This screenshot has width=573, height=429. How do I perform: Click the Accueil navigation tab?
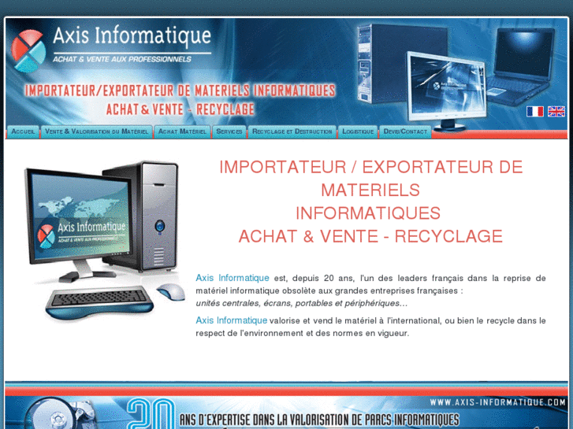pyautogui.click(x=23, y=131)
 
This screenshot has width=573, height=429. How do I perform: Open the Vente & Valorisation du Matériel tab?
pyautogui.click(x=96, y=131)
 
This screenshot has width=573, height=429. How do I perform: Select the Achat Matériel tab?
pyautogui.click(x=182, y=131)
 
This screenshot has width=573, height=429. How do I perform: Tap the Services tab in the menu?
pyautogui.click(x=229, y=131)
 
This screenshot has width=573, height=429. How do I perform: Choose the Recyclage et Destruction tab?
pyautogui.click(x=292, y=131)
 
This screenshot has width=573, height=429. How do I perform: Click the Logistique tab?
pyautogui.click(x=358, y=131)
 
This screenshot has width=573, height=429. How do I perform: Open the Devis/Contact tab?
pyautogui.click(x=405, y=131)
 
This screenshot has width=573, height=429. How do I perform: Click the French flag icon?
pyautogui.click(x=535, y=111)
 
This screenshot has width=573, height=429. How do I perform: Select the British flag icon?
pyautogui.click(x=556, y=111)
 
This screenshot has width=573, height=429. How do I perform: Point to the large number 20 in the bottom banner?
pyautogui.click(x=151, y=412)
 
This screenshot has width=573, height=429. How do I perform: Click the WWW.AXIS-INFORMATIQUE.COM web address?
pyautogui.click(x=498, y=402)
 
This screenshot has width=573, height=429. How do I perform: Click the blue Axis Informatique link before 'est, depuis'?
pyautogui.click(x=233, y=278)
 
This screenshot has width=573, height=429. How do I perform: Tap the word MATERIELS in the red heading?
pyautogui.click(x=370, y=190)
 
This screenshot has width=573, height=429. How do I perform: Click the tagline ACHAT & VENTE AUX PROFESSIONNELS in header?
pyautogui.click(x=121, y=59)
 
